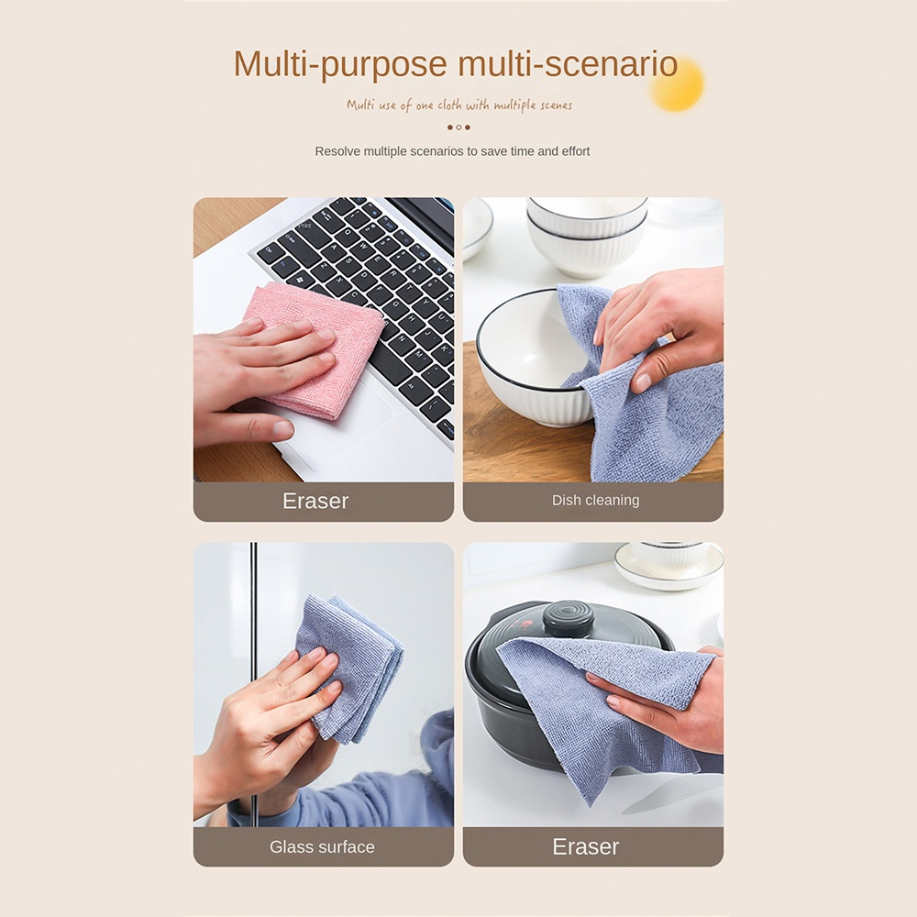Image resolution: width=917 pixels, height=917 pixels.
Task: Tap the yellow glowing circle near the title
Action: (677, 84)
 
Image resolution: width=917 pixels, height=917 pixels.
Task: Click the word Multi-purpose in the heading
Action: (340, 64)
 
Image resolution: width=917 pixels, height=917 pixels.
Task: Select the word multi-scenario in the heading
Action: (568, 64)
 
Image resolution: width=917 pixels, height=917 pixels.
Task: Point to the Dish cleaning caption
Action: (595, 501)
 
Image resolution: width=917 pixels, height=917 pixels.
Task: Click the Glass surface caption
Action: (322, 847)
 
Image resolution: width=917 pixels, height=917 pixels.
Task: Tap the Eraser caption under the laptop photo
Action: (315, 501)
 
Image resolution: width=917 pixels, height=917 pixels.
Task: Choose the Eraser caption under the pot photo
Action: (586, 847)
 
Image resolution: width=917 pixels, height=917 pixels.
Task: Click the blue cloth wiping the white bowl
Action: (642, 403)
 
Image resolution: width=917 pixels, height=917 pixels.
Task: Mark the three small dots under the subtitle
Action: (458, 127)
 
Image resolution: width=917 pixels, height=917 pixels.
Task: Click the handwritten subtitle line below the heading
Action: (458, 105)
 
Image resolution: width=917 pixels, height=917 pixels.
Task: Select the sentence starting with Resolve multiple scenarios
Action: (452, 151)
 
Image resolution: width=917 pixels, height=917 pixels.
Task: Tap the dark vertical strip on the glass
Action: (254, 642)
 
